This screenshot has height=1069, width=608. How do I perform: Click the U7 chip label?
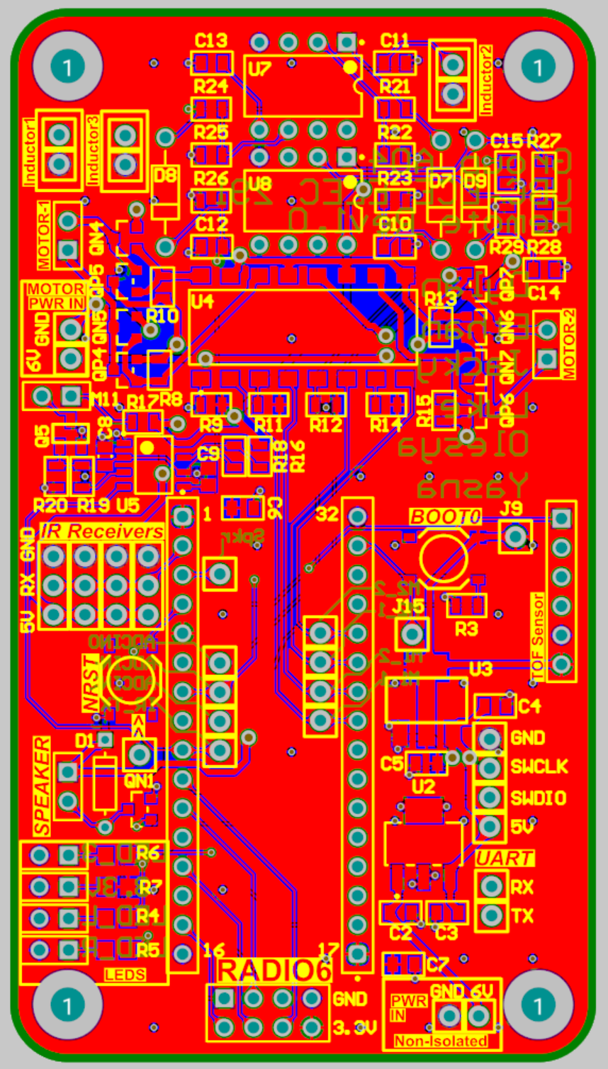point(261,69)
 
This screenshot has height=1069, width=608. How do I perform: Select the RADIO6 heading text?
point(276,971)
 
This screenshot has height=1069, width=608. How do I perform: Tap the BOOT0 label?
point(444,517)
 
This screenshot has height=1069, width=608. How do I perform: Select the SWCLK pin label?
point(539,768)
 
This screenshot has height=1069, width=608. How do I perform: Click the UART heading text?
point(504,858)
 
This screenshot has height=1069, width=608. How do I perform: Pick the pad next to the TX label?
point(490,916)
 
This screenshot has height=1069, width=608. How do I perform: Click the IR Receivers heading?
point(102,531)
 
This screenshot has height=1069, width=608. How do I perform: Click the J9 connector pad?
point(515,536)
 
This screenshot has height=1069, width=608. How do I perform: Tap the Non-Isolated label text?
point(441,1041)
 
